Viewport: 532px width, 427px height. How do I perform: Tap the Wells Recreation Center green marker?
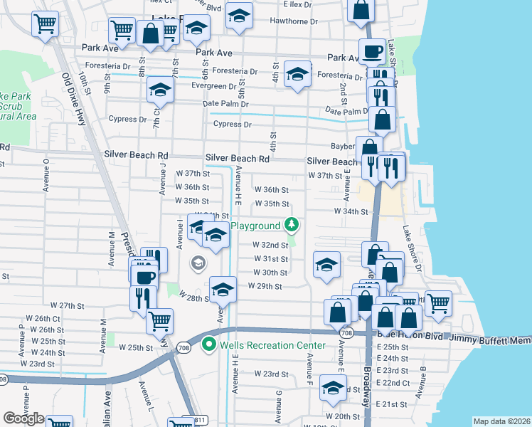pyautogui.click(x=209, y=345)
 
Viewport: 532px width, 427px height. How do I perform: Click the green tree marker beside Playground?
pyautogui.click(x=291, y=226)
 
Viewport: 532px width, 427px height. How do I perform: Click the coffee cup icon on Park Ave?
pyautogui.click(x=372, y=51)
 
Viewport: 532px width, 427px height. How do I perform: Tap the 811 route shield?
pyautogui.click(x=190, y=421)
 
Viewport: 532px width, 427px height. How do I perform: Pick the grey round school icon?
pyautogui.click(x=198, y=263)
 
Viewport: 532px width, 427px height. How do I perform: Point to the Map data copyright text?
pyautogui.click(x=501, y=421)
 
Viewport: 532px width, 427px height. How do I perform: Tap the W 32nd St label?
pyautogui.click(x=270, y=245)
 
